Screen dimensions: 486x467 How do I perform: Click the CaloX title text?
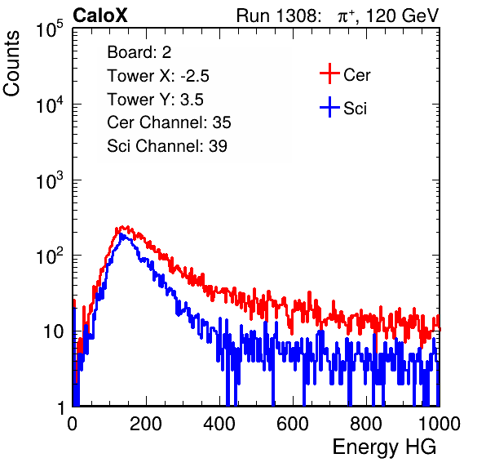100,15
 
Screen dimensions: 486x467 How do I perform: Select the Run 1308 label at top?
277,16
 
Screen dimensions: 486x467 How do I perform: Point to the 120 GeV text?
402,16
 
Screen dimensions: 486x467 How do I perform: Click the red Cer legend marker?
329,73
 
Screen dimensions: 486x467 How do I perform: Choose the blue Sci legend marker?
329,108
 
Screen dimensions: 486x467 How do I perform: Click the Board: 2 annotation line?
139,52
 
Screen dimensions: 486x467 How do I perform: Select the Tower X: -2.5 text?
158,76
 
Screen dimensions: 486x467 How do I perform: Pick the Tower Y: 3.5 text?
155,100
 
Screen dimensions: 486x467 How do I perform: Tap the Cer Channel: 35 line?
169,122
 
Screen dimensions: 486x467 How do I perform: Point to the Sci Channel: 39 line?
167,146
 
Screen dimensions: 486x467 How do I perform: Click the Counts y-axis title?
11,64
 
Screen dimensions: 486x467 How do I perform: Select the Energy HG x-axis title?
384,447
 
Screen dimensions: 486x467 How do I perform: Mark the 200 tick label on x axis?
146,424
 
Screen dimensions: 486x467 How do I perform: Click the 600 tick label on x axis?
293,424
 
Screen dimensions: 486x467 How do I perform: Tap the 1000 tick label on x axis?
440,424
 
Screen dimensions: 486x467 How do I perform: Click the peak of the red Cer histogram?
123,227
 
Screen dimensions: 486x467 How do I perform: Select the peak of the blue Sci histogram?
121,234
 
